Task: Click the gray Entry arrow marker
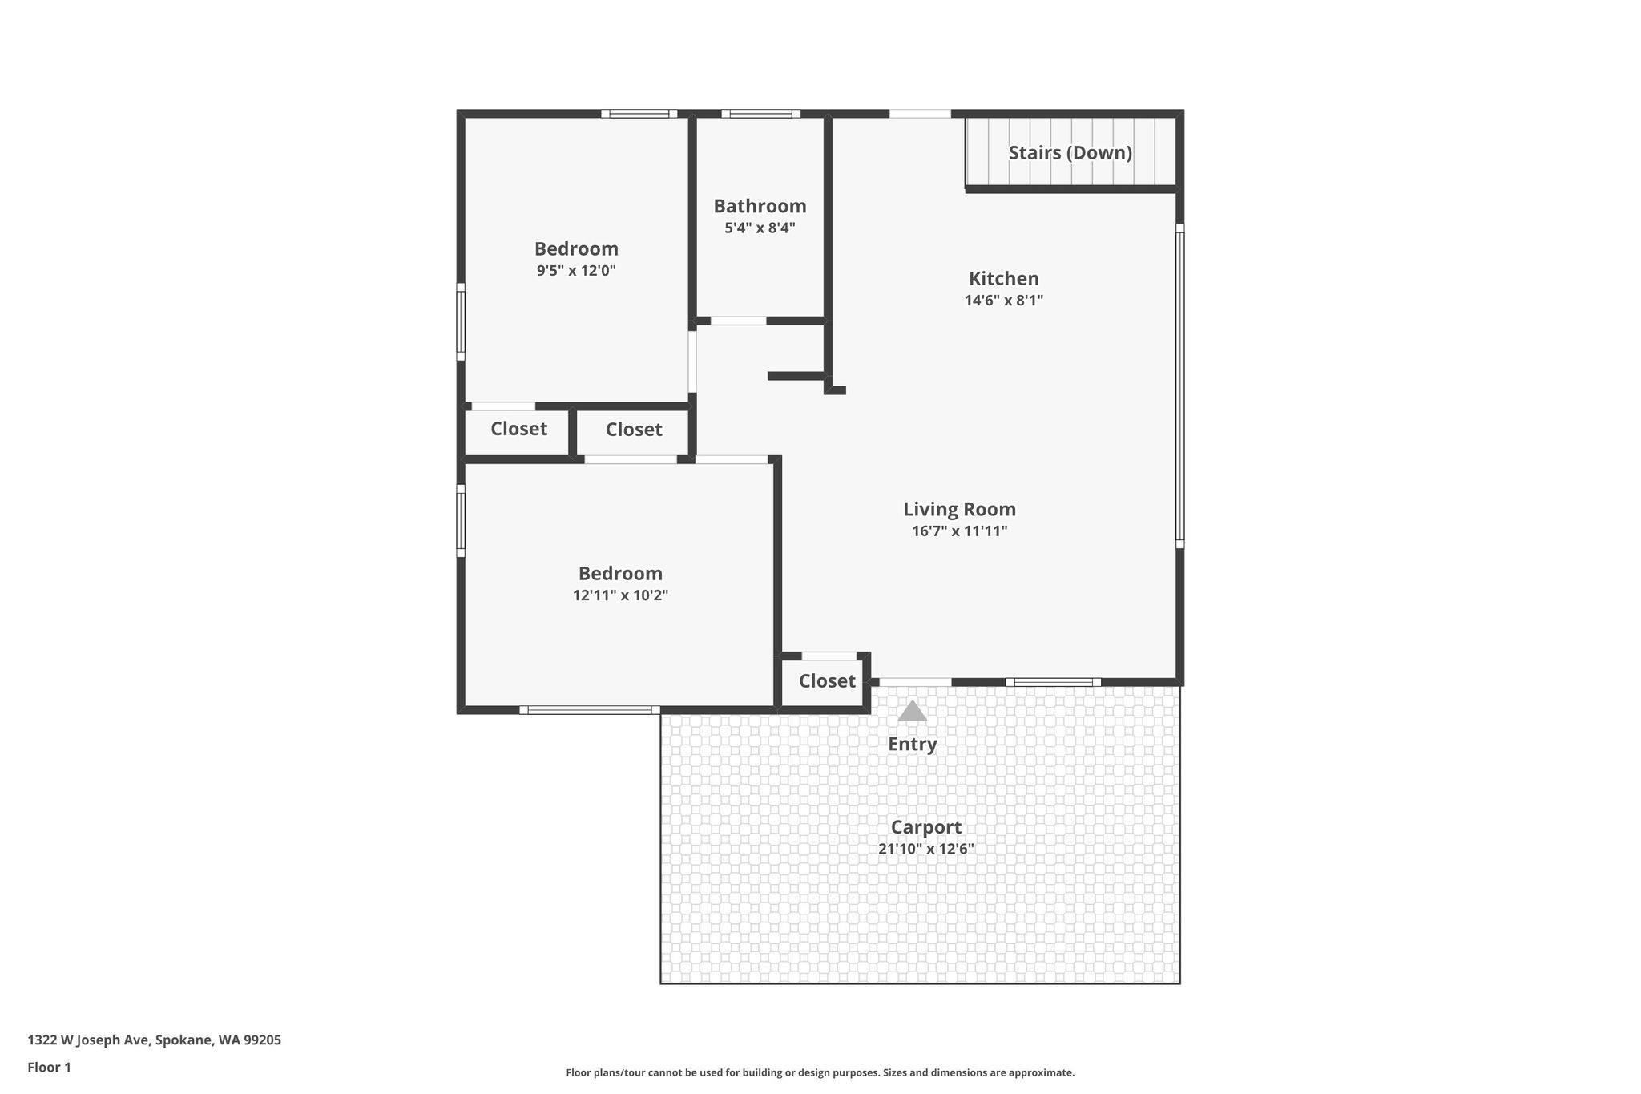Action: [912, 711]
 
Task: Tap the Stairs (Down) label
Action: [1070, 152]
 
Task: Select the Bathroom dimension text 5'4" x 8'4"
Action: [760, 228]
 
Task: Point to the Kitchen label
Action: [1004, 278]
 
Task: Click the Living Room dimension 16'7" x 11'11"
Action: [959, 531]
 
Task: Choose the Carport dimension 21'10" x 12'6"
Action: [925, 849]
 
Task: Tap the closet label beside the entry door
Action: [827, 681]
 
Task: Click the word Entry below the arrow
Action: [912, 745]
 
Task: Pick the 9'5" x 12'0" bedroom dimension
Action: [576, 270]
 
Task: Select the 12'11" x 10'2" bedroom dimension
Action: [620, 595]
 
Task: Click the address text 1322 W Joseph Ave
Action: [88, 1040]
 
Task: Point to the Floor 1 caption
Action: [49, 1068]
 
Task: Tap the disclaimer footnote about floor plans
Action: [820, 1072]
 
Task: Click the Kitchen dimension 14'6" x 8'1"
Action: [1004, 301]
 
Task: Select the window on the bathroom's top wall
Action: [760, 114]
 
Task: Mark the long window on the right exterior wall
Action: [1179, 386]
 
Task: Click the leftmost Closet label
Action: [518, 429]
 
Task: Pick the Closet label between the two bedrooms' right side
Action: [634, 430]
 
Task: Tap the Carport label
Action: [925, 827]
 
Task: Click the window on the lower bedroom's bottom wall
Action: [590, 710]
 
